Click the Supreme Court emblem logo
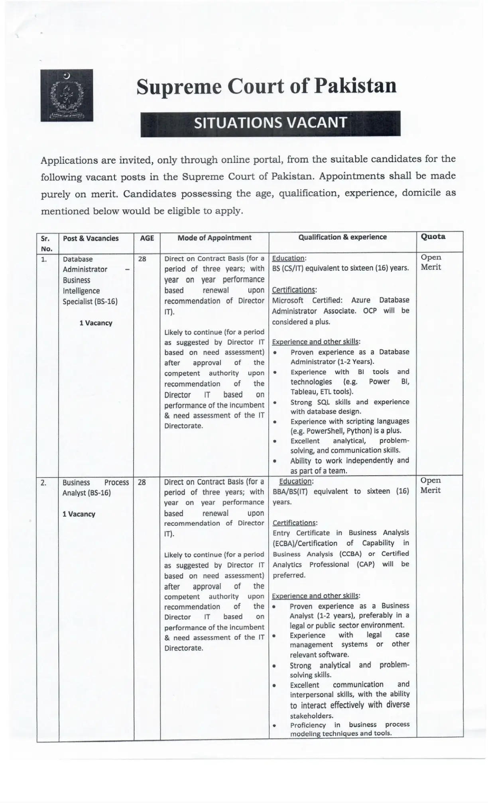coord(67,95)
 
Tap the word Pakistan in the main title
coord(356,86)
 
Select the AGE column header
coord(147,238)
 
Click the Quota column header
coord(433,237)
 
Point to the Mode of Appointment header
coord(214,238)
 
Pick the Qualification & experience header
coord(342,237)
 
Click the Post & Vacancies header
coord(91,238)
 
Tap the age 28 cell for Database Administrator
coord(142,259)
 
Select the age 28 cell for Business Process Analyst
coord(142,482)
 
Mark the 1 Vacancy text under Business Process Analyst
coord(79,514)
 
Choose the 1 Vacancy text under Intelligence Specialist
coord(96,323)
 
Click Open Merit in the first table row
coord(431,262)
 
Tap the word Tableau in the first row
coord(303,392)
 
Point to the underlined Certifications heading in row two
coord(295,523)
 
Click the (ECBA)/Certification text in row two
coord(305,543)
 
